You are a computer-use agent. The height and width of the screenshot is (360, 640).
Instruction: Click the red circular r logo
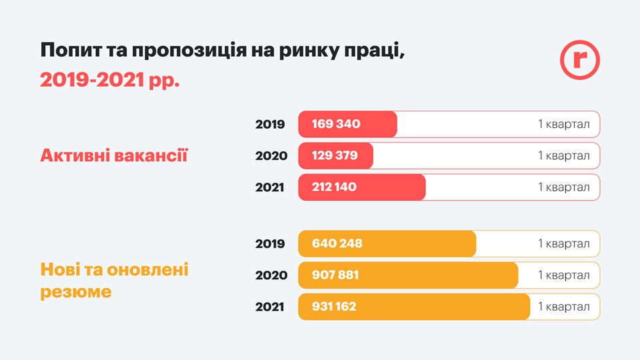point(579,60)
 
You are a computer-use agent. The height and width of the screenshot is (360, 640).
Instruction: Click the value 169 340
point(336,124)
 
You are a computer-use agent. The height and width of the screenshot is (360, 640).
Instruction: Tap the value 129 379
point(335,155)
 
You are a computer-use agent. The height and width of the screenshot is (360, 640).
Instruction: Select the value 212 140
point(334,187)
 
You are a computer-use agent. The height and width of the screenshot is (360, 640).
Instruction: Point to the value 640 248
point(337,243)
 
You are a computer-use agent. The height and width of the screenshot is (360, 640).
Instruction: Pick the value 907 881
point(335,275)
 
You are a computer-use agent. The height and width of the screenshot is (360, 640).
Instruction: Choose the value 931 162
point(334,307)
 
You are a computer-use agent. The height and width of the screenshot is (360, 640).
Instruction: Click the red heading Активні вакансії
point(114,156)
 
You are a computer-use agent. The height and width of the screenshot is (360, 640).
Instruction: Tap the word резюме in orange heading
point(76,291)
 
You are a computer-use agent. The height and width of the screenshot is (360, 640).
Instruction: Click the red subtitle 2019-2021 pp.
point(110,80)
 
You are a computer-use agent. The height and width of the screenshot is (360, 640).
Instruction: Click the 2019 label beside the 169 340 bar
point(270,124)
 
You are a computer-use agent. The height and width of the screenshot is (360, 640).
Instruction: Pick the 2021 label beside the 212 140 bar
point(270,187)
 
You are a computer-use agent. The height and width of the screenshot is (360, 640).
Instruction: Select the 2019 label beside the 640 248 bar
point(270,243)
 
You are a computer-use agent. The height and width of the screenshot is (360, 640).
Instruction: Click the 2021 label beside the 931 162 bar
point(270,307)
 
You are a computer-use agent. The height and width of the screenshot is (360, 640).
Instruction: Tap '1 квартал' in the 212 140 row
point(563,187)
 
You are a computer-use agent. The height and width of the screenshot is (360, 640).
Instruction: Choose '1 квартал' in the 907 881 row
point(563,275)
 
